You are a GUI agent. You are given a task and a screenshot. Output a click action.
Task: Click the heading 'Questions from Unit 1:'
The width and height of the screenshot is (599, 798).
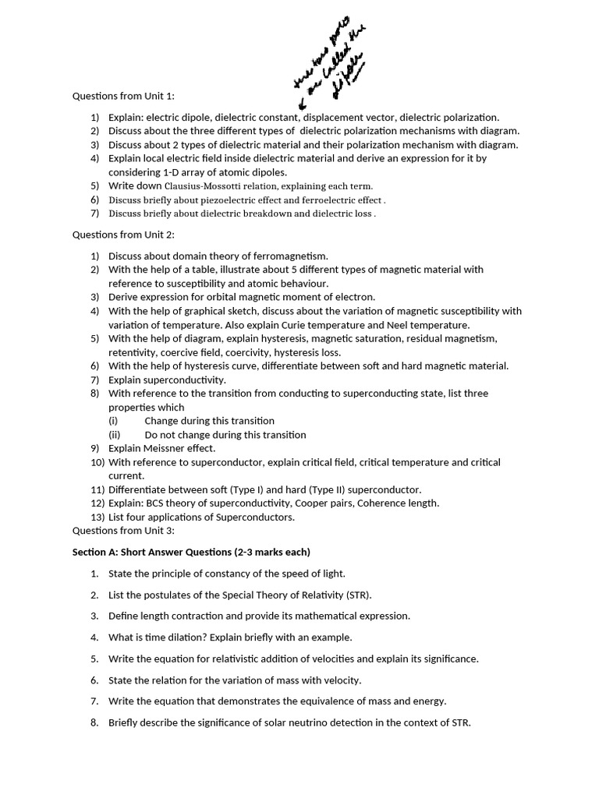click(x=123, y=96)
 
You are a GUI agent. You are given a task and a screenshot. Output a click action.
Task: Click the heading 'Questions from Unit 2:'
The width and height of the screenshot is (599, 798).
click(x=123, y=234)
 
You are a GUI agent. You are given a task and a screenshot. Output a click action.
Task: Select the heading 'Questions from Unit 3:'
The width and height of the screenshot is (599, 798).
click(x=123, y=531)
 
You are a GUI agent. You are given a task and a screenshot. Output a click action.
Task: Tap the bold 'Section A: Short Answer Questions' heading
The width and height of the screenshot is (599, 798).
click(x=191, y=553)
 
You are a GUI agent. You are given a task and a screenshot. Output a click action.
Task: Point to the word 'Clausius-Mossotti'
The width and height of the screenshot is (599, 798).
click(x=203, y=186)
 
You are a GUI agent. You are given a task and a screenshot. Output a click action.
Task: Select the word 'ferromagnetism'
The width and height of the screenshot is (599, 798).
click(x=292, y=256)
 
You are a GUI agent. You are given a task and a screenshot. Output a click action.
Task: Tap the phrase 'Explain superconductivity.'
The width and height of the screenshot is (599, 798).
click(x=167, y=380)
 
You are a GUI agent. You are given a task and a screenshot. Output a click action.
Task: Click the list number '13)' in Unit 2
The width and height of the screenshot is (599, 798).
click(x=97, y=517)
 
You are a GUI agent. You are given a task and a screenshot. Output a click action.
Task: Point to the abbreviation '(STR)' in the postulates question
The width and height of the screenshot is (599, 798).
click(x=358, y=595)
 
